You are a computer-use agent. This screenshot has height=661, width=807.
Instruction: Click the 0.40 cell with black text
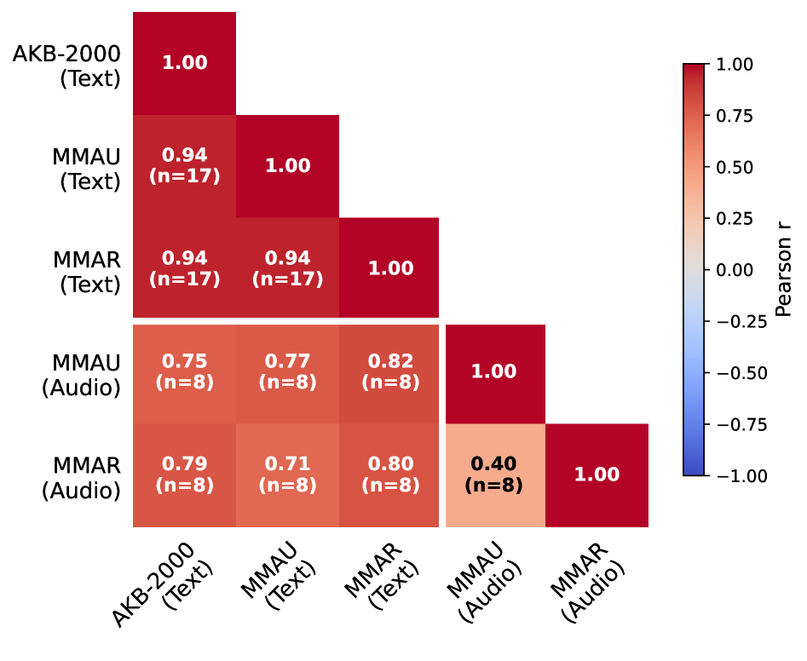(494, 474)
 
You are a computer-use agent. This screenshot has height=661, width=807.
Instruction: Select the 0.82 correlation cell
(390, 371)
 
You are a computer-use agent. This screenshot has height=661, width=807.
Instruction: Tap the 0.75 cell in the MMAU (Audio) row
(184, 371)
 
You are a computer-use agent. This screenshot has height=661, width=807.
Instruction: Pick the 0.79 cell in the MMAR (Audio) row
(184, 474)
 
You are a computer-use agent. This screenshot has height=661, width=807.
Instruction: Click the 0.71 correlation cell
(287, 474)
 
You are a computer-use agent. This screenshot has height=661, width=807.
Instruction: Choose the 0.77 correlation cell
(287, 371)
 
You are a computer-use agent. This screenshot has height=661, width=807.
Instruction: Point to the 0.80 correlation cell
(390, 474)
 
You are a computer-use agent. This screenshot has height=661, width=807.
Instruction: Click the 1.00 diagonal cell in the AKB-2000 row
(184, 63)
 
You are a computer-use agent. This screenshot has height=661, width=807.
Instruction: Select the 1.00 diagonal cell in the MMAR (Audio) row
(597, 474)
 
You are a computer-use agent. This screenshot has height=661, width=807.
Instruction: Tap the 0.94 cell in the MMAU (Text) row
(184, 165)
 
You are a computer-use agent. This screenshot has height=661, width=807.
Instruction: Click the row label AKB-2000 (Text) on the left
(66, 66)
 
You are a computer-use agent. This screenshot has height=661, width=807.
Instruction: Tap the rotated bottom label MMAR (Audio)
(588, 579)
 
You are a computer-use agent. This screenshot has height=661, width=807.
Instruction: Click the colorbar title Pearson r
(784, 269)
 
